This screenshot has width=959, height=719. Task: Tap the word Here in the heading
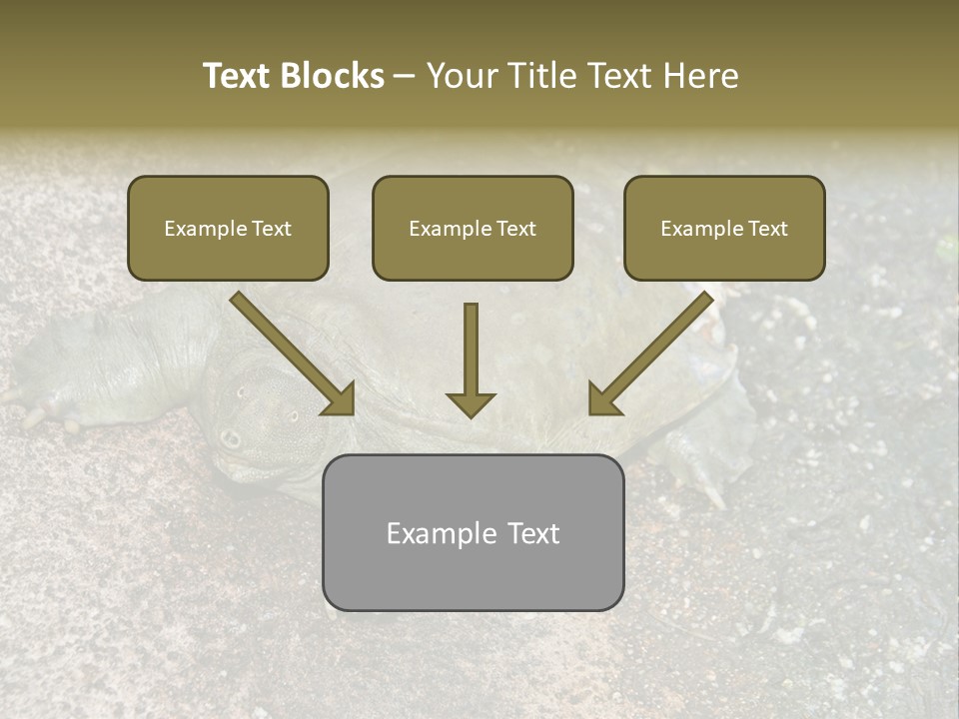pyautogui.click(x=699, y=76)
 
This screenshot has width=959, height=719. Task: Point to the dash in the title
pyautogui.click(x=405, y=77)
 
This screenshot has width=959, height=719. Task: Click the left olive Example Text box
pyautogui.click(x=228, y=228)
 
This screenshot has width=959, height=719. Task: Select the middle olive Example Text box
pyautogui.click(x=473, y=228)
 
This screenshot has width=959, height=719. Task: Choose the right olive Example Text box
pyautogui.click(x=724, y=228)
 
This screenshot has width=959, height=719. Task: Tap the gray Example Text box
pyautogui.click(x=473, y=532)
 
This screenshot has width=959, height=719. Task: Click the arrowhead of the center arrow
pyautogui.click(x=471, y=403)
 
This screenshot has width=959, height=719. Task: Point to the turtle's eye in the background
pyautogui.click(x=232, y=437)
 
